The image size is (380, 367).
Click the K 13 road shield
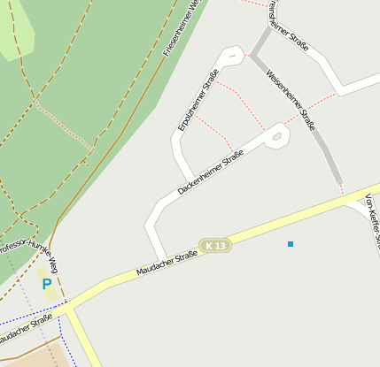point(214,245)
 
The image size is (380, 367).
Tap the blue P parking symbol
point(46,285)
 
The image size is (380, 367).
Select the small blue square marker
point(290,243)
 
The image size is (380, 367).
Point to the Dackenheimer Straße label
point(210,172)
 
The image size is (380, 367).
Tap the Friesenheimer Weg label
point(184,27)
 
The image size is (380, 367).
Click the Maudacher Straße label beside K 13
point(167,263)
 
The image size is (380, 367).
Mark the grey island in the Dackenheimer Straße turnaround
point(277,137)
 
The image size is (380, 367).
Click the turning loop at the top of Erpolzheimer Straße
point(232,57)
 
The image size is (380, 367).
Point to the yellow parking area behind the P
point(49,283)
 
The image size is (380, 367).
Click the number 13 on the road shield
point(220,245)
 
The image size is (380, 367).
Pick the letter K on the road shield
point(208,245)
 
